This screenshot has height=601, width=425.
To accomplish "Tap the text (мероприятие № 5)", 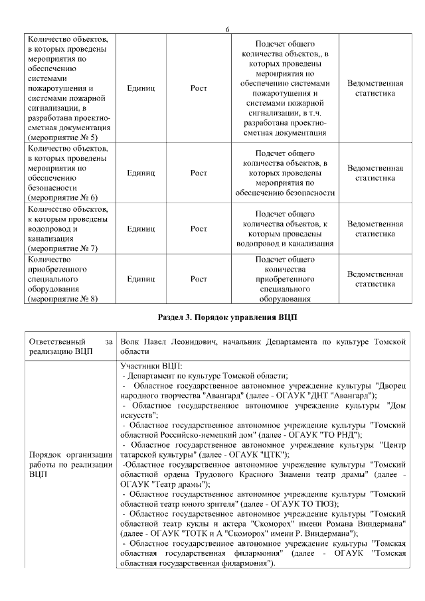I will point(64,137).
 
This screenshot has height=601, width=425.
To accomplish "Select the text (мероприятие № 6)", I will point(64,197).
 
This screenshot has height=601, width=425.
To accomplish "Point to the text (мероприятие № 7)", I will point(64,248).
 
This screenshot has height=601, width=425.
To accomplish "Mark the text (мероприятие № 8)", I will point(64,299).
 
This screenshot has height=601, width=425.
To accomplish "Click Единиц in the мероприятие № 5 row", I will point(141,88).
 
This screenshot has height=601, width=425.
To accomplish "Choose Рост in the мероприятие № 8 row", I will point(199,279).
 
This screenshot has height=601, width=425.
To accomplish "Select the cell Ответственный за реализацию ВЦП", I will point(71,346).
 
